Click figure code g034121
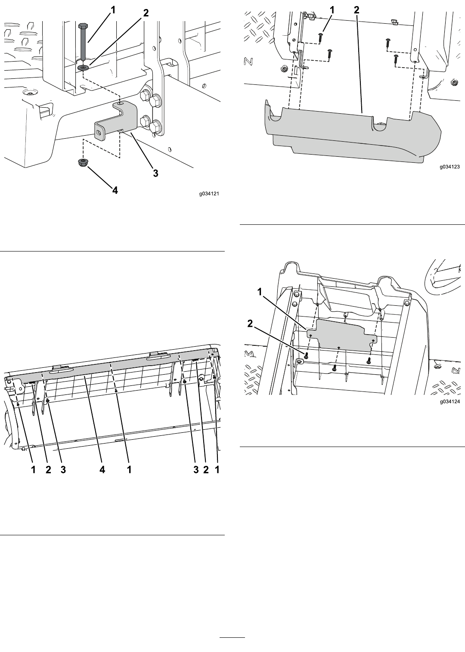point(209,193)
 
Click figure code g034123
point(450,167)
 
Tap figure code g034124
point(450,402)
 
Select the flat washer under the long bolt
point(84,68)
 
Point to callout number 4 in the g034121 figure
point(115,190)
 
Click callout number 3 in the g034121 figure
point(156,173)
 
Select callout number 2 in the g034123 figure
point(356,10)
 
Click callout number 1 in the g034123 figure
point(332,10)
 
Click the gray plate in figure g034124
point(342,335)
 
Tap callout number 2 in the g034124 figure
point(250,323)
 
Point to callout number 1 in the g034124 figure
point(260,292)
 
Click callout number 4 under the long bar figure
point(102,469)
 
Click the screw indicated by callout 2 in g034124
point(306,356)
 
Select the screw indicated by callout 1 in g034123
point(320,38)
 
